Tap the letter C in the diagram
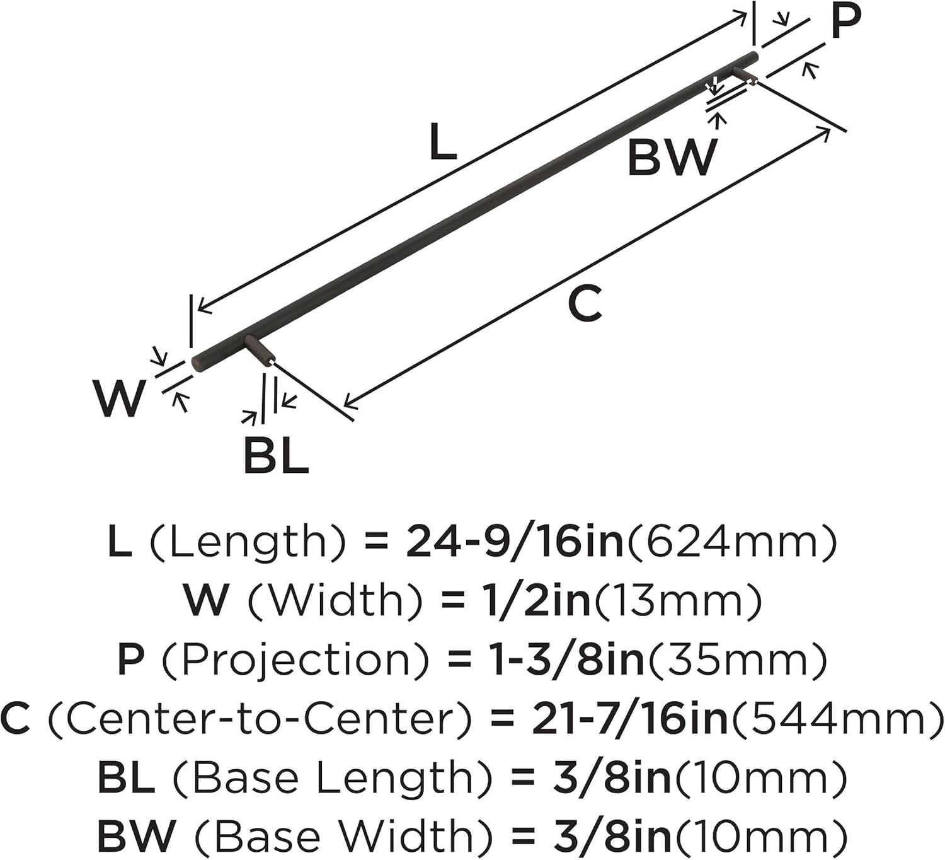585,303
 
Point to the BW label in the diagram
672,158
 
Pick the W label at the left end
119,398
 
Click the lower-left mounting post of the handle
260,350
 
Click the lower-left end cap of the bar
197,364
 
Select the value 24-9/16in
515,542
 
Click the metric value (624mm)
731,542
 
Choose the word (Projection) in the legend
295,660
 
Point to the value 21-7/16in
629,719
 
